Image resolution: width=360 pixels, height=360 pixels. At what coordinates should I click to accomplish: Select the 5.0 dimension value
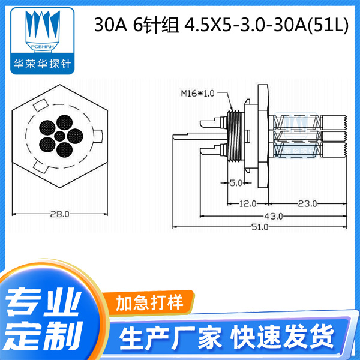coord(235,182)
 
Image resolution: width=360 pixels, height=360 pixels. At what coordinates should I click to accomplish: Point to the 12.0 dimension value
coord(247,204)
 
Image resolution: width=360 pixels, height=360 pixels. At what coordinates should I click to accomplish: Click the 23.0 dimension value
coord(307,204)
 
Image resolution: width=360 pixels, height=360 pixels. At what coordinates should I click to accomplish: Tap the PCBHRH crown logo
coord(43,31)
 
